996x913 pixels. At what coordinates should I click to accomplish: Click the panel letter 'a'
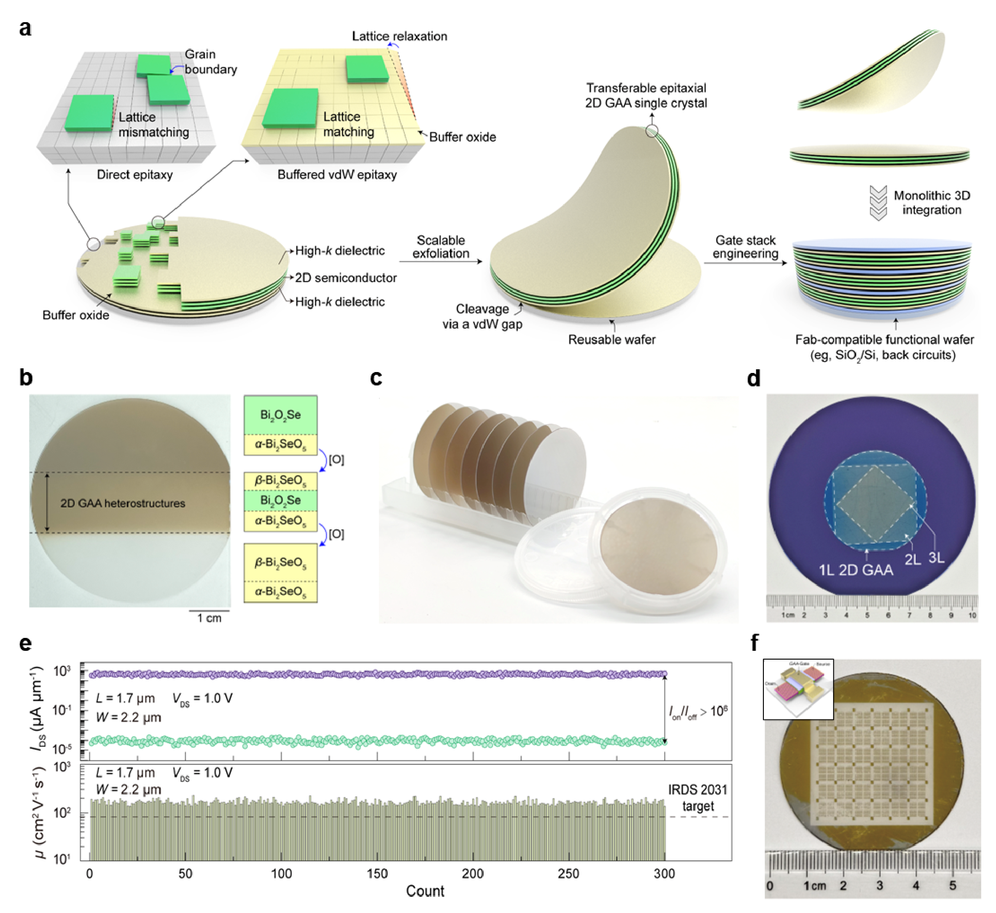point(25,29)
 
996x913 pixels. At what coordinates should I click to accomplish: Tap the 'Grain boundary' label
point(210,62)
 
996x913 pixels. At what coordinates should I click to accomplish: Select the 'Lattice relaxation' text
point(399,36)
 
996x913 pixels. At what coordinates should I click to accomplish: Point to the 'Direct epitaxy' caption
point(134,174)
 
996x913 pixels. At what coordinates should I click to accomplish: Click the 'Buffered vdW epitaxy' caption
point(337,174)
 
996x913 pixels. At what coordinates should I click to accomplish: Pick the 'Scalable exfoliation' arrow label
point(441,246)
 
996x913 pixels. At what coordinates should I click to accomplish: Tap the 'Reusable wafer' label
point(612,339)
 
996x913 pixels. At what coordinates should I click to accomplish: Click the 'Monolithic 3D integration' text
point(932,203)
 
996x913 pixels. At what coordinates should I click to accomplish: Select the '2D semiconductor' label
point(346,278)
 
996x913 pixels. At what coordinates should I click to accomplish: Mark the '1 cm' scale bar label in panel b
point(210,618)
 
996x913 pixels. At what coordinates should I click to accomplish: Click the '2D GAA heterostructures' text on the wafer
point(122,503)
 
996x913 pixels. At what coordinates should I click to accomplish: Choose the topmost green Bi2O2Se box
point(280,415)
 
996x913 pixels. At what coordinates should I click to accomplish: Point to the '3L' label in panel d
point(936,558)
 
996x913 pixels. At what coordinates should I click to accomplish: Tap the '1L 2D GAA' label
point(856,570)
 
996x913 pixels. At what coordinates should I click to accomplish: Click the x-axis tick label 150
point(378,873)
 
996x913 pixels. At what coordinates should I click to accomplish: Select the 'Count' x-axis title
point(425,891)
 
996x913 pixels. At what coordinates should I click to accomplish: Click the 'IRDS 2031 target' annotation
point(697,798)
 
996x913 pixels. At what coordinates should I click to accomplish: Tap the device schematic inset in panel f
point(798,689)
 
